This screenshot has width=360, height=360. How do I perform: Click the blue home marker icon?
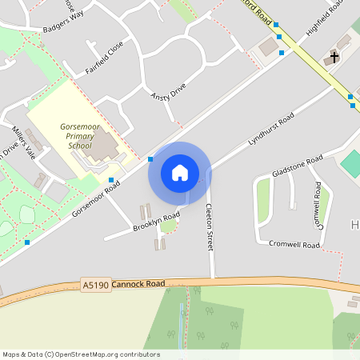pyautogui.click(x=179, y=173)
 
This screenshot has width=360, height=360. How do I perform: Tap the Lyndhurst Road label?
pyautogui.click(x=271, y=128)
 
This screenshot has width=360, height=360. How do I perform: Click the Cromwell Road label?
pyautogui.click(x=294, y=244)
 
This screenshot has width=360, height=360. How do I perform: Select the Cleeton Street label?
pyautogui.click(x=210, y=227)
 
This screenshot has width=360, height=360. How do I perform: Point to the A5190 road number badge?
pyautogui.click(x=94, y=284)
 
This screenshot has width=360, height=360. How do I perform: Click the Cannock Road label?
pyautogui.click(x=138, y=283)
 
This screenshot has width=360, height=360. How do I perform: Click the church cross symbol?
pyautogui.click(x=333, y=57)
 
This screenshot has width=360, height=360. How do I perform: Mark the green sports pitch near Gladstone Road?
pyautogui.click(x=351, y=164)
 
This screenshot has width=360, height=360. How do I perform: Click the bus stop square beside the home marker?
pyautogui.click(x=150, y=159)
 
